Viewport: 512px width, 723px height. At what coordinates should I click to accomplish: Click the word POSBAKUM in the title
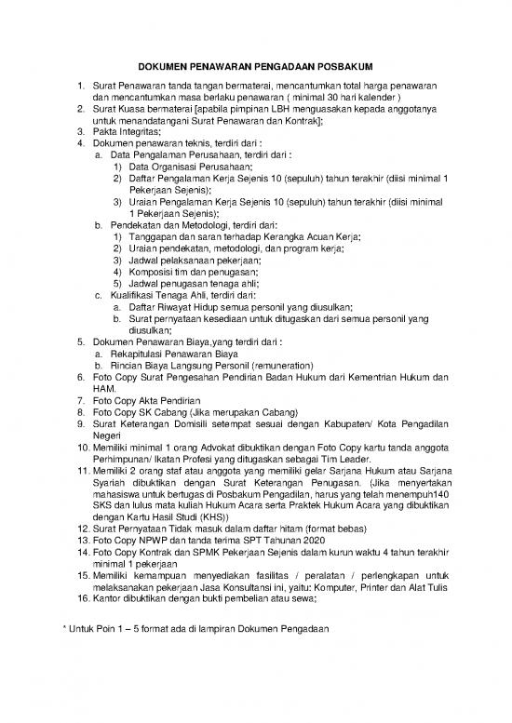coord(342,68)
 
